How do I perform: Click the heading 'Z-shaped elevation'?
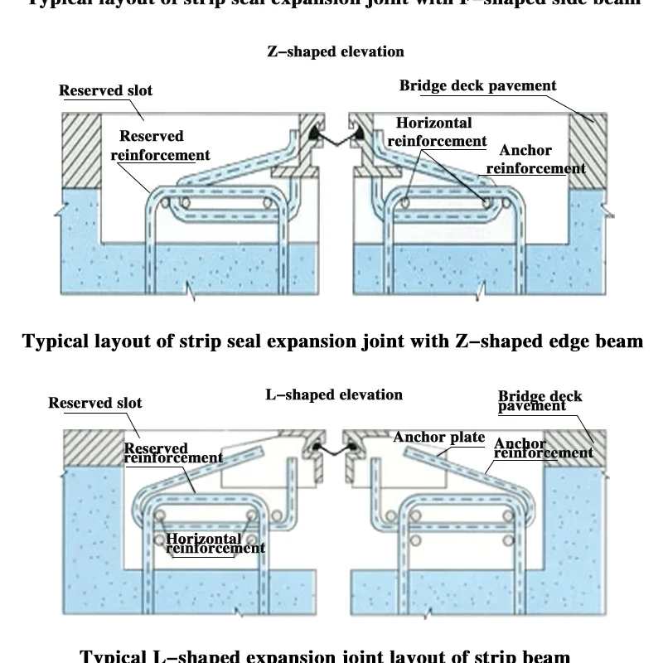coord(335,51)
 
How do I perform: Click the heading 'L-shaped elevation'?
coord(334,394)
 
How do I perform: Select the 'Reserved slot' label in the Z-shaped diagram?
coord(106,90)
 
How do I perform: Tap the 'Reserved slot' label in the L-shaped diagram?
coord(95,403)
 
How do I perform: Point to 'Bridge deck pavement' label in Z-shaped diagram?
coord(478,85)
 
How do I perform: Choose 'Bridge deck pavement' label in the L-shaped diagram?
coord(540,401)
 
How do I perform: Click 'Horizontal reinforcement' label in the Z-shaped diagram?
coord(437,132)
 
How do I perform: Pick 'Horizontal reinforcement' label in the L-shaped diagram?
coord(215,543)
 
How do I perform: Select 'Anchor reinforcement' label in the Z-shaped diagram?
coord(535,160)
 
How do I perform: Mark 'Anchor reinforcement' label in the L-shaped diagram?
coord(543,448)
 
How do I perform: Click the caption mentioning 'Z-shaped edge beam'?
coord(331,341)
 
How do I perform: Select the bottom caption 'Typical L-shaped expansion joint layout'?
coord(331,655)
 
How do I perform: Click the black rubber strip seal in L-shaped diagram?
coord(336,450)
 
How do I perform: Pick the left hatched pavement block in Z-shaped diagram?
coord(80,148)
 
